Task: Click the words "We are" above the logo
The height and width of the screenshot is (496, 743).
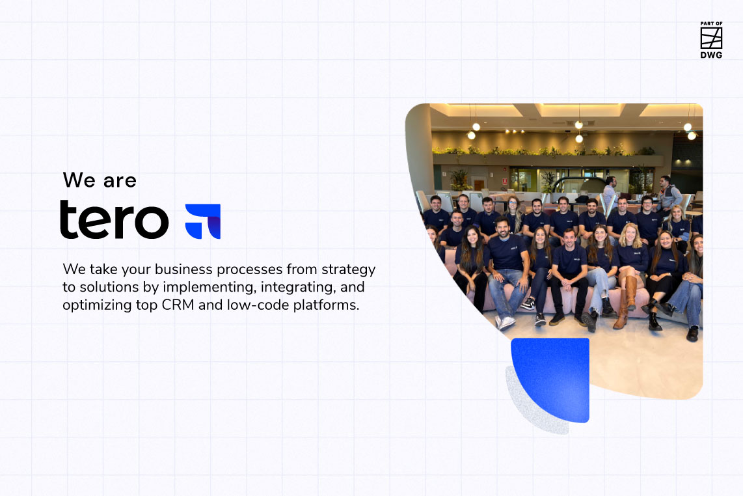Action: (x=100, y=180)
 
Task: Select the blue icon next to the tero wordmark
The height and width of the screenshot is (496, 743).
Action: (x=203, y=221)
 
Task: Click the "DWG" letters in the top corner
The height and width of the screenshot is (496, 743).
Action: (x=711, y=56)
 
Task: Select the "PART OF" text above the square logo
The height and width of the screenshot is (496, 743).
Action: (x=711, y=24)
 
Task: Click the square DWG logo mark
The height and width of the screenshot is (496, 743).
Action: (x=711, y=38)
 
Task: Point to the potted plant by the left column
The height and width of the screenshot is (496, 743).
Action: (x=460, y=180)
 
